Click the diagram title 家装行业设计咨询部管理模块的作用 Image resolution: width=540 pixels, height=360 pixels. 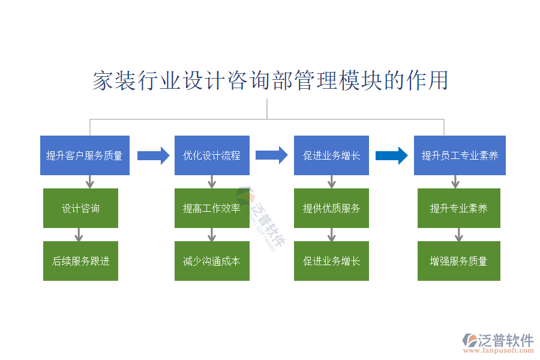coord(270,80)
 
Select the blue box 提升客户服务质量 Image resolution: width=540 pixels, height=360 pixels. coord(85,155)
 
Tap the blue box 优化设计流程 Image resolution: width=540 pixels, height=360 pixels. coord(212,155)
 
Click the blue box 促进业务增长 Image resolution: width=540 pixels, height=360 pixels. coord(331,155)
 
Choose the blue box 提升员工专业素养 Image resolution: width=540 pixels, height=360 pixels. coord(460,155)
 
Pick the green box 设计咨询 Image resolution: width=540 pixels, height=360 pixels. coord(80,208)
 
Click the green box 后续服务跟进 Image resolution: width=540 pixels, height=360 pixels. coord(80,261)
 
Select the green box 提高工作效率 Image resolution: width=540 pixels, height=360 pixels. coord(212,208)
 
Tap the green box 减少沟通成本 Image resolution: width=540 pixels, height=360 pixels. coord(212,261)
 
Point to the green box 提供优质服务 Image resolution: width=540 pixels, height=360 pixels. coord(331,208)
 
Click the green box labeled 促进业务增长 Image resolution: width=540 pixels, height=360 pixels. coord(331,261)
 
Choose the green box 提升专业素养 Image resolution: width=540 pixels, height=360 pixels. coord(459,208)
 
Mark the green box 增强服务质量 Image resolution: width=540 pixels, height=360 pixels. coord(459,261)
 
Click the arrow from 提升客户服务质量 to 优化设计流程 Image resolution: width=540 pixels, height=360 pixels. coord(153,156)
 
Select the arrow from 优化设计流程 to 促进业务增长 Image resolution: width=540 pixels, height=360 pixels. coord(271,155)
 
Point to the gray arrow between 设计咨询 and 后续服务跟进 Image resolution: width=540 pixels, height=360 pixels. coord(78,234)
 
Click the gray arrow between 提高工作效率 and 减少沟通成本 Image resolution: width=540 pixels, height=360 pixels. coord(212,234)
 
